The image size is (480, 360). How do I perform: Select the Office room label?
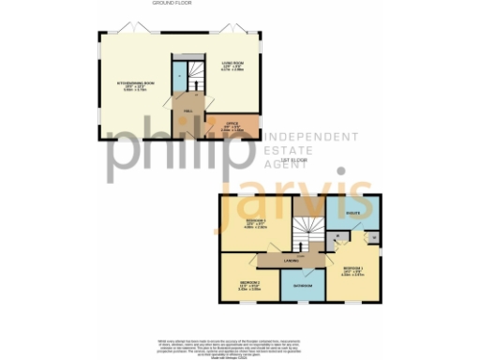(232, 125)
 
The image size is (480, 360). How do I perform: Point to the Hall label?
(188, 111)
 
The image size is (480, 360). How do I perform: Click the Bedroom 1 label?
(353, 272)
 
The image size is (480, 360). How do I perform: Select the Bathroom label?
(303, 284)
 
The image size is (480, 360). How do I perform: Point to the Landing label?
(292, 260)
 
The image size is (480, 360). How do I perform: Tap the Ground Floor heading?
(166, 4)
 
